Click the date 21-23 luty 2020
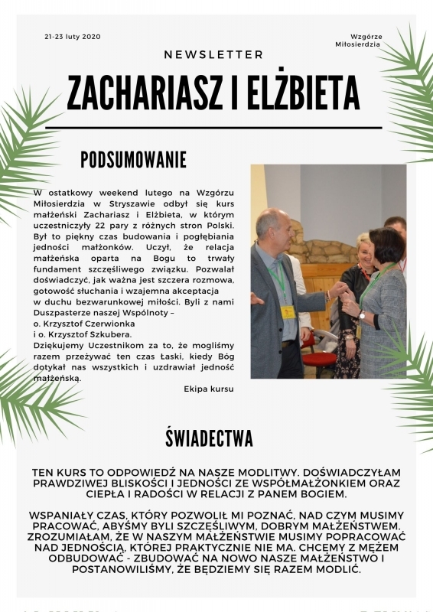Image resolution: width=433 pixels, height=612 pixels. point(73,37)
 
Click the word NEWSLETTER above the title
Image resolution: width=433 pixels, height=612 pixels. point(213,55)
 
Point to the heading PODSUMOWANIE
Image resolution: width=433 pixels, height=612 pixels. point(134,160)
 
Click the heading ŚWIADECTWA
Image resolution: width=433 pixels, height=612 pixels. point(209,438)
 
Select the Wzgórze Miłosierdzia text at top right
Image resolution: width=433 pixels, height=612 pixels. point(357,41)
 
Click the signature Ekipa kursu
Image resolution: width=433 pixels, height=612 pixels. point(209,389)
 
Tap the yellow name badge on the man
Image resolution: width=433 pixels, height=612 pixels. point(288,311)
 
